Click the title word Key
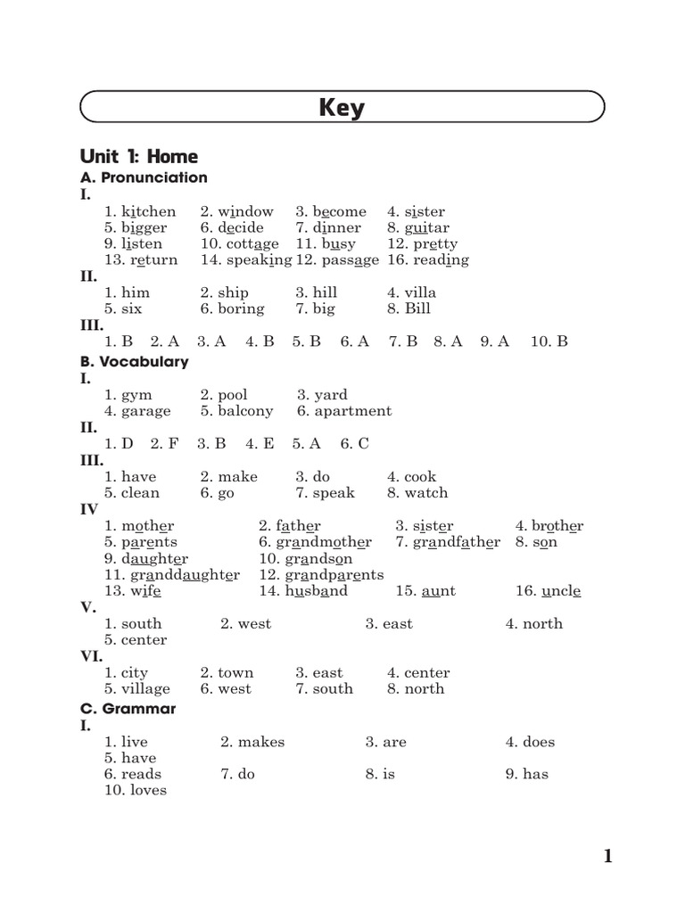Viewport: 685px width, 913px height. [x=342, y=109]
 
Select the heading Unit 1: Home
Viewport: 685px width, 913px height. [x=138, y=157]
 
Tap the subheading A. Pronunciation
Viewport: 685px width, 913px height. [x=144, y=177]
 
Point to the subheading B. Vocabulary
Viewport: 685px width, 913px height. [x=134, y=362]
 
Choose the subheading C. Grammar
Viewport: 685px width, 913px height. [x=128, y=709]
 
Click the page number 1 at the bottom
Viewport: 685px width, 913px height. [x=607, y=857]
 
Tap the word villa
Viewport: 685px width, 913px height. [x=420, y=292]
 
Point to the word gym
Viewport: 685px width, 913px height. [x=136, y=395]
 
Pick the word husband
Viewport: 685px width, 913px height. [x=316, y=590]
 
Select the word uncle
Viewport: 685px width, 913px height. [x=561, y=590]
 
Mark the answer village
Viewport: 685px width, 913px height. [x=145, y=688]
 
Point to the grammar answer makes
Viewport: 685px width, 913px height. [x=260, y=742]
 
